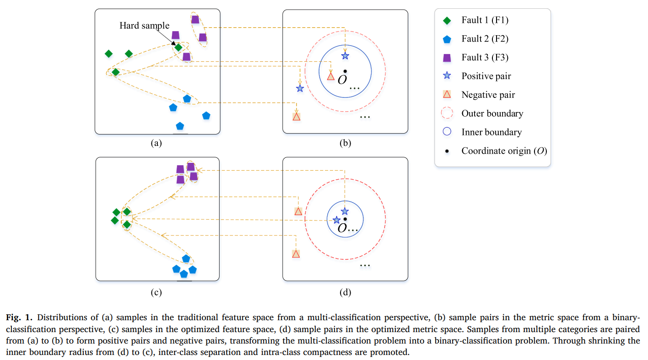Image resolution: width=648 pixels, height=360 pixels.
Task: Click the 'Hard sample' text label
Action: tap(144, 26)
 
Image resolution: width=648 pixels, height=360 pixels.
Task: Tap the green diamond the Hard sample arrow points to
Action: tap(178, 48)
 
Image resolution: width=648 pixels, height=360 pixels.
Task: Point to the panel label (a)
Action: tap(156, 143)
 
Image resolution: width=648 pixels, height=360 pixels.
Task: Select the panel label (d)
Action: tap(345, 292)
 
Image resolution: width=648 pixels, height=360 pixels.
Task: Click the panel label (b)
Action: tap(345, 143)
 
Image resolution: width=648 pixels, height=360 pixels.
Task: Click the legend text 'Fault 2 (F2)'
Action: tap(485, 39)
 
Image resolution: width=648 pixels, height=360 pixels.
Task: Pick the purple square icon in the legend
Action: tap(447, 58)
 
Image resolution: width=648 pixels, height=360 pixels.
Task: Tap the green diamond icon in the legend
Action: tap(447, 21)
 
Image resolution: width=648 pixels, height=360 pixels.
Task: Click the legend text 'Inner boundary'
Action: tap(491, 132)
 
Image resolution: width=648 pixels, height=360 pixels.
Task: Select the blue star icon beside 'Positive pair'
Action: tap(447, 76)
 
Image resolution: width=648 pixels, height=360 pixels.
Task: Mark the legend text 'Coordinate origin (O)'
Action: tap(504, 151)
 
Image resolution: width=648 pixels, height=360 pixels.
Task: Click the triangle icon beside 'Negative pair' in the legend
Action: tap(447, 94)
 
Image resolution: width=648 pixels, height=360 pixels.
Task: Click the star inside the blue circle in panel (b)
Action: tap(345, 56)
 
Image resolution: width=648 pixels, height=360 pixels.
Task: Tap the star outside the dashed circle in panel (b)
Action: tap(300, 88)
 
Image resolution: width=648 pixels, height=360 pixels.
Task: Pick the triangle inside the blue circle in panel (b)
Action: tap(331, 77)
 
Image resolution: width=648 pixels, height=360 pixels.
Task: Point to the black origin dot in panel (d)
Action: tap(345, 219)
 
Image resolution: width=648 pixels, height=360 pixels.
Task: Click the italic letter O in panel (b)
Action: tap(342, 80)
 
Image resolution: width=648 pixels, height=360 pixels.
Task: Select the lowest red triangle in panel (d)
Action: tap(296, 254)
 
